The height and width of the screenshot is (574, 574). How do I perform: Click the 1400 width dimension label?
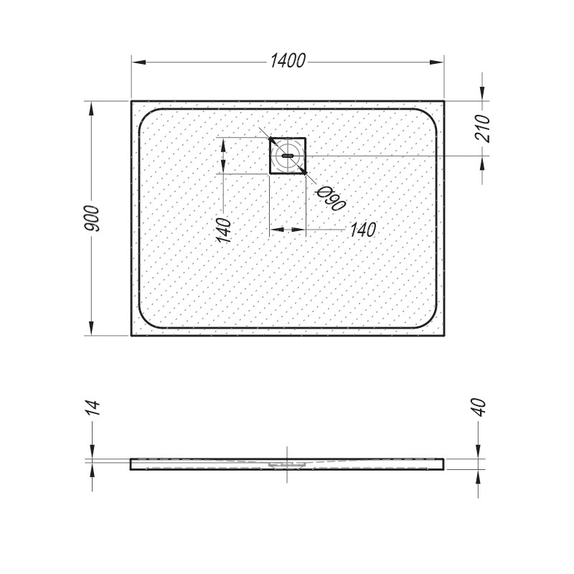click(288, 61)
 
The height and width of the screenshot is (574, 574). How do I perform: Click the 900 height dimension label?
click(91, 219)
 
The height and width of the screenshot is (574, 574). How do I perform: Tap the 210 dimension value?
click(482, 128)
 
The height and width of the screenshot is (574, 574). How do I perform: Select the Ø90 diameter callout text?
click(331, 199)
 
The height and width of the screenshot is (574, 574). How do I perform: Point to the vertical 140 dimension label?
click(224, 230)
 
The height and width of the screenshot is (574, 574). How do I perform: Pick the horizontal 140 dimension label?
click(363, 230)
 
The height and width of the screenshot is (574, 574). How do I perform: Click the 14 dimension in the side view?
click(92, 408)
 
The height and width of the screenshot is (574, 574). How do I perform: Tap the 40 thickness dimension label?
click(479, 407)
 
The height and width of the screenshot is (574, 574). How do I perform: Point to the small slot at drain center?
click(288, 156)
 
